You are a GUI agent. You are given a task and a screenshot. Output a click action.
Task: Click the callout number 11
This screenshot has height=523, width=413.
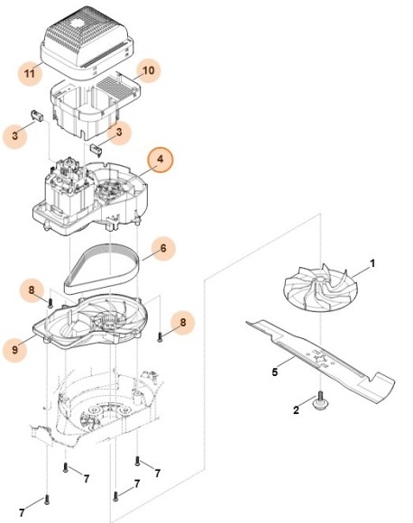point(31,73)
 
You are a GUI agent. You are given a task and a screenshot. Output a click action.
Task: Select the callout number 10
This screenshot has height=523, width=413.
point(149,69)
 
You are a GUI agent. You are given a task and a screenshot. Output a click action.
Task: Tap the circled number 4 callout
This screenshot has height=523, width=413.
point(161,161)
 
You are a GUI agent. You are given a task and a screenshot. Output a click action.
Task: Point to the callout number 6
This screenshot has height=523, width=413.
point(161,248)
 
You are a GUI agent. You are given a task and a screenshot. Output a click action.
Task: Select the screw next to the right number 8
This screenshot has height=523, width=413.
point(160,335)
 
